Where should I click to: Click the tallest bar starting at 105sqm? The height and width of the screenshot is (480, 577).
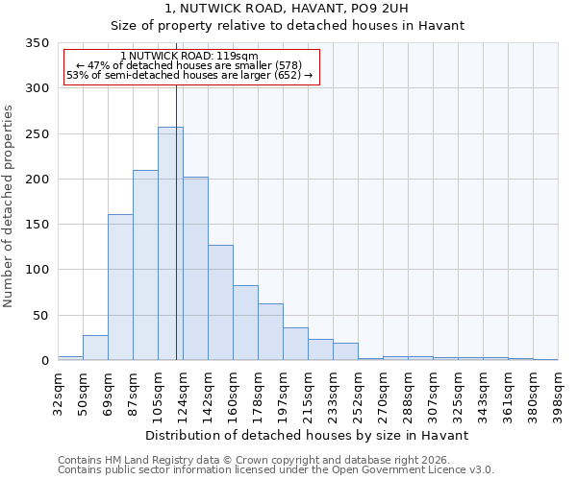click(x=170, y=244)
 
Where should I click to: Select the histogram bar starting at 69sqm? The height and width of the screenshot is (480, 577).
click(x=120, y=287)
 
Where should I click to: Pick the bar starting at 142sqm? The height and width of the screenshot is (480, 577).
click(x=220, y=302)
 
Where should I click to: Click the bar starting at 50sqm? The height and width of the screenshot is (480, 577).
click(x=95, y=348)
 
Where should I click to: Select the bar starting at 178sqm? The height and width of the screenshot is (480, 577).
click(x=270, y=332)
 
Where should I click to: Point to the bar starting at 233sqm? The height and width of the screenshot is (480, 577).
click(x=345, y=351)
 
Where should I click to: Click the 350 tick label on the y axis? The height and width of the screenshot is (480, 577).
click(x=37, y=43)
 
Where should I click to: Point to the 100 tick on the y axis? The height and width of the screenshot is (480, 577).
click(x=37, y=270)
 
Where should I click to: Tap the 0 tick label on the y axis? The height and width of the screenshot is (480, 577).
click(x=44, y=361)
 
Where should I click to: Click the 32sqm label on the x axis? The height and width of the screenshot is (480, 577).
click(x=58, y=393)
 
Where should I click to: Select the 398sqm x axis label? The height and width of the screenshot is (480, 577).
click(x=558, y=393)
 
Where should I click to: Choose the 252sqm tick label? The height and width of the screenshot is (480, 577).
click(x=358, y=393)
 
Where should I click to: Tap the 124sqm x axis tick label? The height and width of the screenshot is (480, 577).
click(x=183, y=393)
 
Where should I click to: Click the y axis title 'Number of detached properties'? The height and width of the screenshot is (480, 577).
click(x=9, y=206)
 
